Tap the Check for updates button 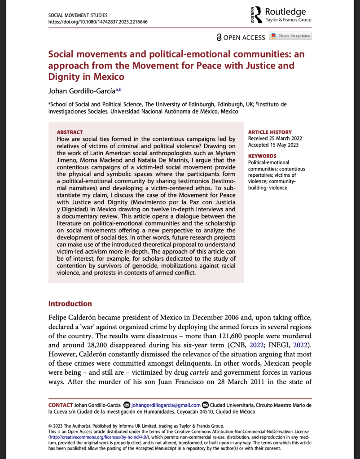coord(290,36)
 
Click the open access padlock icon coord(219,38)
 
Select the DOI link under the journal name coord(98,22)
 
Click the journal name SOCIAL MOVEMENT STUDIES coord(78,15)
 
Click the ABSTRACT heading coord(70,132)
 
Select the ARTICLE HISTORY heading coord(270,132)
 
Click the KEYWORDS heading coord(263,156)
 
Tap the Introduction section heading coord(70,303)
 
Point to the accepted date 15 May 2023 coord(274,145)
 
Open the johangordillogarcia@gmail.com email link coord(166,405)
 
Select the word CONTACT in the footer coord(61,405)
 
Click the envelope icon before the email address coord(127,405)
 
